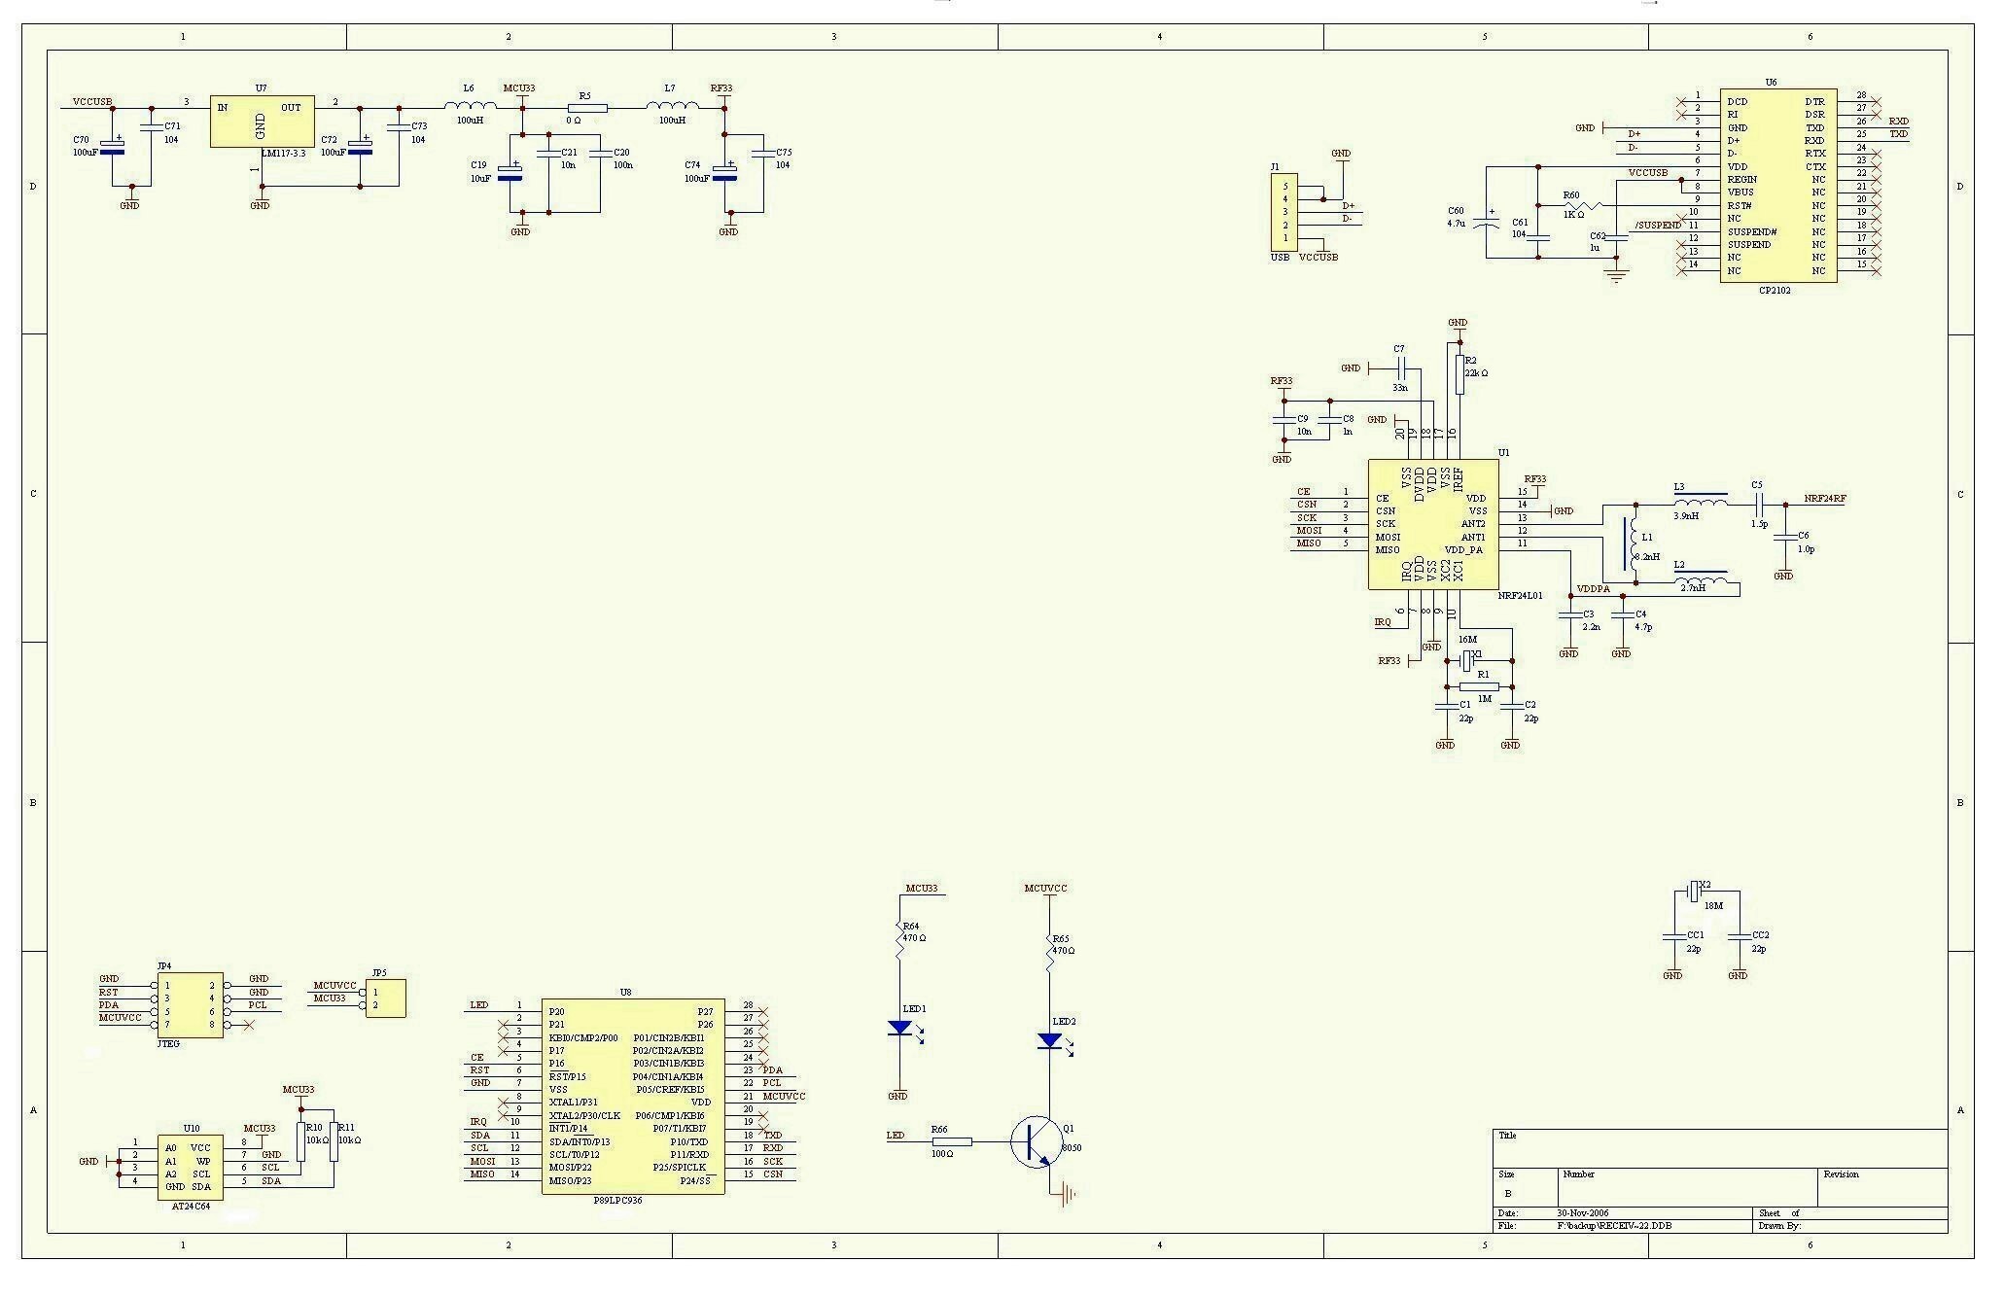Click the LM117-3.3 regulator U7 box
[262, 122]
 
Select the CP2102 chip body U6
[1777, 185]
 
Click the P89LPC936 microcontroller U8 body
[632, 1096]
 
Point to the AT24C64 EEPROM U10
[190, 1167]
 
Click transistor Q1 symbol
[1034, 1141]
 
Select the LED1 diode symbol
[899, 1027]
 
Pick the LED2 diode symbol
[1049, 1040]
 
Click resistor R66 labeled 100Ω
[951, 1141]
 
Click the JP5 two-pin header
[385, 998]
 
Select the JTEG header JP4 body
[190, 1004]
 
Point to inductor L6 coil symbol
[470, 106]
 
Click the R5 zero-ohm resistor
[586, 108]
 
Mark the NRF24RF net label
[1825, 499]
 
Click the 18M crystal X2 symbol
[1693, 890]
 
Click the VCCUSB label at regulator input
[92, 101]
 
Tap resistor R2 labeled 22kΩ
[1459, 374]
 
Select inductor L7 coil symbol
[671, 106]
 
